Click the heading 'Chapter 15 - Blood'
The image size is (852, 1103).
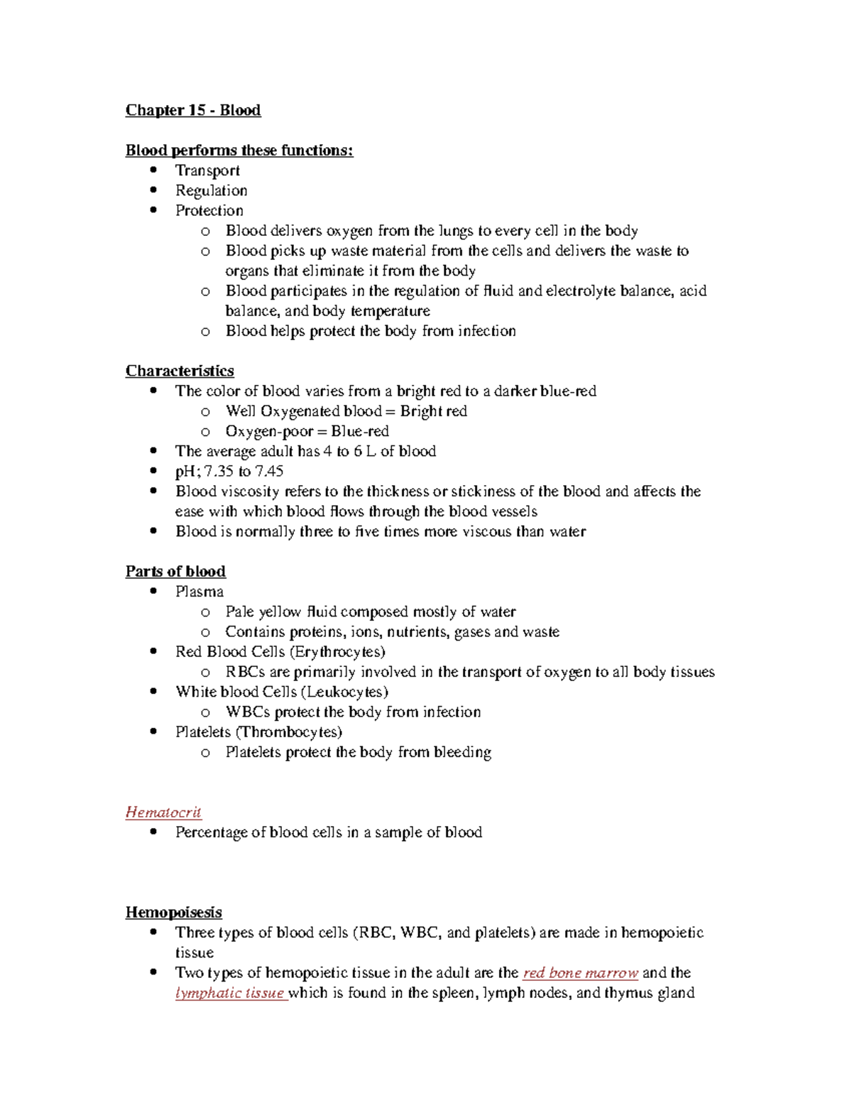(x=192, y=110)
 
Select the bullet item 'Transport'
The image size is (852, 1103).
(x=207, y=170)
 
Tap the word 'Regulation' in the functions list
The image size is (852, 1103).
(x=212, y=190)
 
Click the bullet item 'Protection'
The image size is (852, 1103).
(x=209, y=210)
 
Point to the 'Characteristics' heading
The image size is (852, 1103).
(x=180, y=371)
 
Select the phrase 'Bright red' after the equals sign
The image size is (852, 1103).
(x=433, y=411)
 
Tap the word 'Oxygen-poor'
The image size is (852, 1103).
(x=269, y=431)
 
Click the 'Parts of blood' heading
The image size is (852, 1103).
(x=175, y=572)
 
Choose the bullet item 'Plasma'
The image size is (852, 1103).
(x=200, y=592)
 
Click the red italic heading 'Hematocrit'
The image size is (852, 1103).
(x=163, y=812)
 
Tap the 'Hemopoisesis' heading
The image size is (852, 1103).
(x=173, y=912)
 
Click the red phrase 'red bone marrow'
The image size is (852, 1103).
(x=580, y=973)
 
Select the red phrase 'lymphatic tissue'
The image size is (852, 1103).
(x=230, y=993)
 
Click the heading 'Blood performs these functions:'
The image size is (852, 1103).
(x=239, y=151)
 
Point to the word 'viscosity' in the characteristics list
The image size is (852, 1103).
(x=250, y=491)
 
